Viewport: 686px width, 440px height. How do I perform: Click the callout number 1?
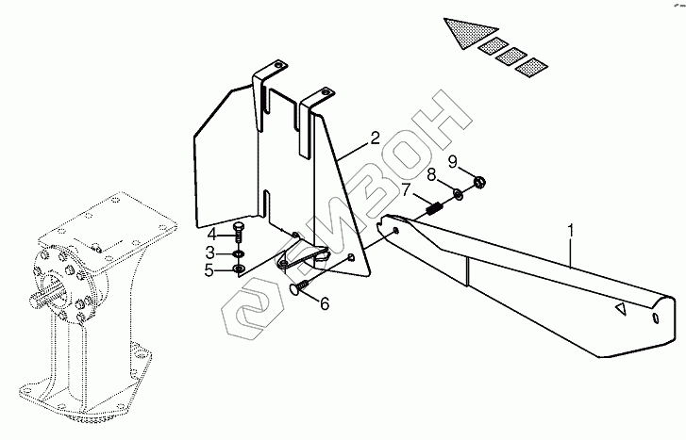point(571,229)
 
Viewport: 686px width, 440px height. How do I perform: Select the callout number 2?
point(375,139)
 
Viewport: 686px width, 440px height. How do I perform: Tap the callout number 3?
point(212,253)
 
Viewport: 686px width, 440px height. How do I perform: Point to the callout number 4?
point(212,233)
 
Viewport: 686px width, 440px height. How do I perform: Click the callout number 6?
point(324,303)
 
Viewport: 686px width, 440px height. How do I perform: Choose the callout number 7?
point(407,190)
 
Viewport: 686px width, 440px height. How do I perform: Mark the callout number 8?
point(431,175)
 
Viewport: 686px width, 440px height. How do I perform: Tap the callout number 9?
point(452,161)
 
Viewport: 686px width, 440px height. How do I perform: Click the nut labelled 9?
point(478,181)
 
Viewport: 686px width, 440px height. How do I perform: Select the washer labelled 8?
point(458,195)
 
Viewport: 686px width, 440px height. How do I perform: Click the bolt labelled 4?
point(236,234)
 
